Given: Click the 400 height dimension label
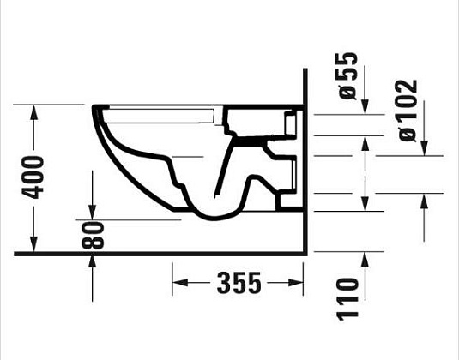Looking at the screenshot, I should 33,178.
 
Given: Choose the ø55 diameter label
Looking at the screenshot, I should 347,78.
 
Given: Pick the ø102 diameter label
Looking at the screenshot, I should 408,109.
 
